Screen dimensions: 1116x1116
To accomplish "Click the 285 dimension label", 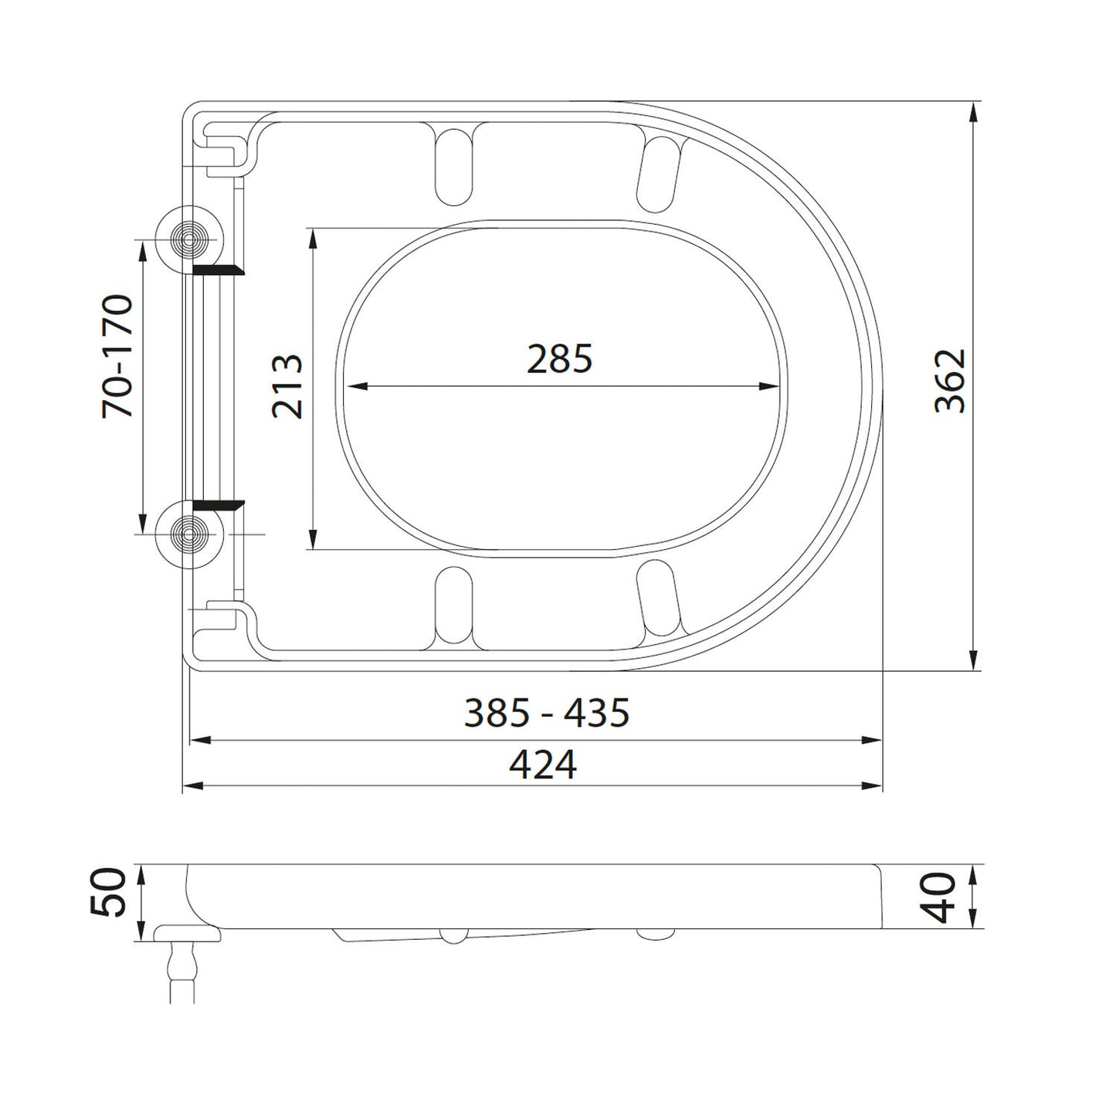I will pyautogui.click(x=559, y=359).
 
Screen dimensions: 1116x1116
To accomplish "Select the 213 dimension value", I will pyautogui.click(x=287, y=387).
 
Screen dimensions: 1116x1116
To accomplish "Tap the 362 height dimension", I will pyautogui.click(x=950, y=381).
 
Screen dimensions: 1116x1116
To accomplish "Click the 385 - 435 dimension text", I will pyautogui.click(x=547, y=713).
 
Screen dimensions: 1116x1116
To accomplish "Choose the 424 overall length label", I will pyautogui.click(x=543, y=765).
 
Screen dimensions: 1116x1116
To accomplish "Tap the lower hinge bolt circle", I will pyautogui.click(x=189, y=534).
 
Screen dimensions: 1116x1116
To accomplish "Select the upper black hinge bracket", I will pyautogui.click(x=218, y=270).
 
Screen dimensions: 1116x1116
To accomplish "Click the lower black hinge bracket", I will pyautogui.click(x=218, y=505).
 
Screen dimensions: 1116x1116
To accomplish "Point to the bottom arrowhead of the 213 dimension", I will pyautogui.click(x=312, y=540).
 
